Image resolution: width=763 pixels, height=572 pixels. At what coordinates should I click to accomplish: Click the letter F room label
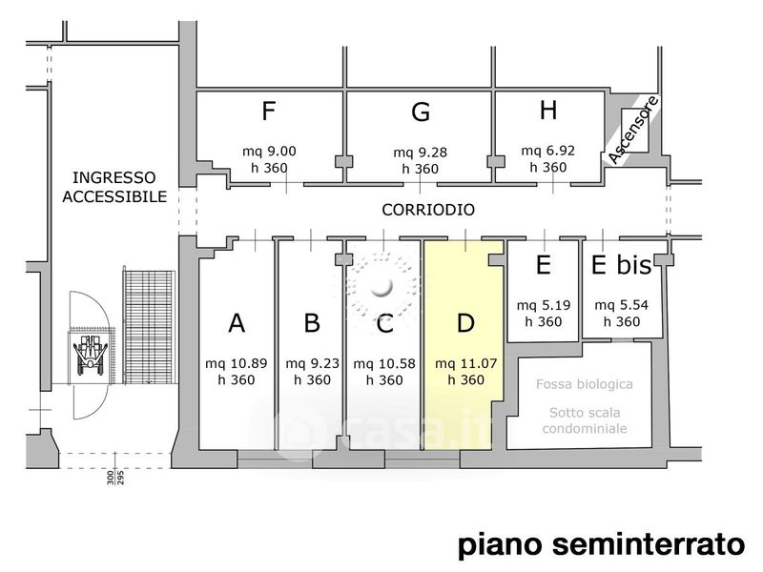(x=269, y=111)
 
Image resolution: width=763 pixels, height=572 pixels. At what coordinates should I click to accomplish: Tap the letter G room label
(x=421, y=112)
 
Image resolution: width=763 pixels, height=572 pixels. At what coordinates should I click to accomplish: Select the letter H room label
(x=548, y=110)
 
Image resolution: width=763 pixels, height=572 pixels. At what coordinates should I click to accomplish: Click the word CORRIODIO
(x=428, y=210)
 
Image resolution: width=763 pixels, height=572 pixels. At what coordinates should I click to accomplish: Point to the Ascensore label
(x=633, y=130)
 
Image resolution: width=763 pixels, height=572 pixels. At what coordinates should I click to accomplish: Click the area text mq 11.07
(x=465, y=363)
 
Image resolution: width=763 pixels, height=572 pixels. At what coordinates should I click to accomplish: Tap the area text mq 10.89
(x=236, y=363)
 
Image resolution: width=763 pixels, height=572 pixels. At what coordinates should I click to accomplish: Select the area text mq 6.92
(x=547, y=151)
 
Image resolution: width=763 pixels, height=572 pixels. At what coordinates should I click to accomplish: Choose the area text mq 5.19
(x=543, y=305)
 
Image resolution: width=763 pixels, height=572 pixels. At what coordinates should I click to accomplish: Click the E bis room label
(x=622, y=265)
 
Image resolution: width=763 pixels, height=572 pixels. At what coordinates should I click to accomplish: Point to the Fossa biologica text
(x=585, y=384)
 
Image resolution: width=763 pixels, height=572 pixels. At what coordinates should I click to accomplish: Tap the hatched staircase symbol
(x=149, y=327)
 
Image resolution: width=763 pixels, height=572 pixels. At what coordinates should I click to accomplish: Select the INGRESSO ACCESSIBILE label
(x=114, y=187)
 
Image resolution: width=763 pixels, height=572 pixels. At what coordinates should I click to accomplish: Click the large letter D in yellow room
(x=465, y=322)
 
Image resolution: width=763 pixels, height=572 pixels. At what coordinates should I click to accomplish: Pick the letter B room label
(x=312, y=322)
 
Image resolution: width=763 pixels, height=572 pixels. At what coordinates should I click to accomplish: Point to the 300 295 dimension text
(x=115, y=478)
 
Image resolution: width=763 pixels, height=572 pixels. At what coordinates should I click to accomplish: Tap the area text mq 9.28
(x=420, y=153)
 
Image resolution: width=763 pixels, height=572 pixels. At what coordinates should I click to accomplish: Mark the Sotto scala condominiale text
(x=585, y=420)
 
